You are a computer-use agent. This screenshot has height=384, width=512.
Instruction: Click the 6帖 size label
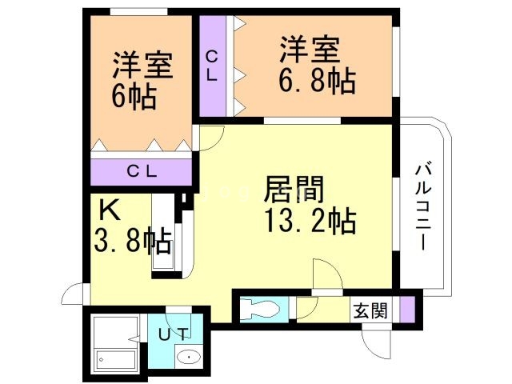[134, 98]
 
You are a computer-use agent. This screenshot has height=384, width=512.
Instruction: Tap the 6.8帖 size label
[317, 81]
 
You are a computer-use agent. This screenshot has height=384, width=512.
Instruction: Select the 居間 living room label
[294, 190]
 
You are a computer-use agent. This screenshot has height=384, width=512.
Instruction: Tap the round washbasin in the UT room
[190, 358]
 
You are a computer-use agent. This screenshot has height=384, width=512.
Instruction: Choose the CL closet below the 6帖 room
[142, 170]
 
